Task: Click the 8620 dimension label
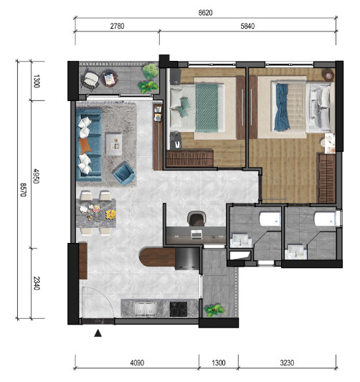tap(205, 13)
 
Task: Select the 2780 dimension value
tap(117, 26)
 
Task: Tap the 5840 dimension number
tap(247, 26)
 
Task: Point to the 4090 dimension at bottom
tap(137, 363)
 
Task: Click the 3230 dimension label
tap(287, 363)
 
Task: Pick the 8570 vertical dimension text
tap(24, 190)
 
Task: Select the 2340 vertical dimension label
tap(37, 283)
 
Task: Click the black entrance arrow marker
tap(98, 333)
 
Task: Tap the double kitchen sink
tap(146, 310)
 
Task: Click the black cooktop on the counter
tap(179, 309)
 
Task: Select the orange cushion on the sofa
tap(85, 145)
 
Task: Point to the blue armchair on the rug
tap(124, 173)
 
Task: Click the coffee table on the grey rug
tap(113, 144)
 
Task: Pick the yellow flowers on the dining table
tap(111, 214)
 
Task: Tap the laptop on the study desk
tap(196, 234)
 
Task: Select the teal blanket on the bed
tap(207, 108)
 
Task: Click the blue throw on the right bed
tap(283, 108)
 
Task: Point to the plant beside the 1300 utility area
tap(214, 310)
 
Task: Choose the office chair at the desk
tap(196, 219)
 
